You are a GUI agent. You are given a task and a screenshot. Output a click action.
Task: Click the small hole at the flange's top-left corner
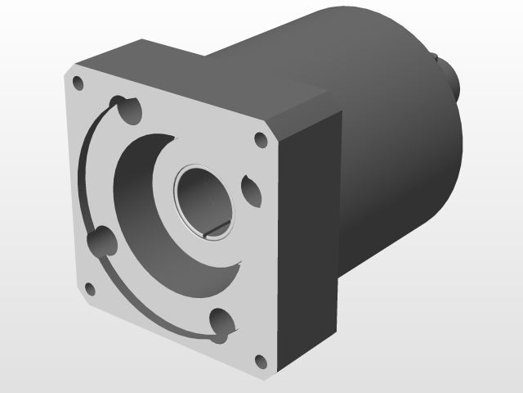pyautogui.click(x=78, y=84)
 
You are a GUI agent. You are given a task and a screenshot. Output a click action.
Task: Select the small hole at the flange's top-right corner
pyautogui.click(x=261, y=140)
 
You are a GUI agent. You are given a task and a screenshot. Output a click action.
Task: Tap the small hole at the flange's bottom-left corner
pyautogui.click(x=89, y=289)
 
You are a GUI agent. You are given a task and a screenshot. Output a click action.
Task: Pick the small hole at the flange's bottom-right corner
pyautogui.click(x=261, y=361)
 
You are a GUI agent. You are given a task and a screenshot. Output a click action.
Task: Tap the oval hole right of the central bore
pyautogui.click(x=250, y=190)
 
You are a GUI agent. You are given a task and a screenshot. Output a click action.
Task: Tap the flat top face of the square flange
pyautogui.click(x=204, y=78)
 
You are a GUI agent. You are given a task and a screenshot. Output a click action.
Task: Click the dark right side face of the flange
pyautogui.click(x=311, y=246)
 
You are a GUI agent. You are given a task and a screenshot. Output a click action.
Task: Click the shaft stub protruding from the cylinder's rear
pyautogui.click(x=451, y=78)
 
